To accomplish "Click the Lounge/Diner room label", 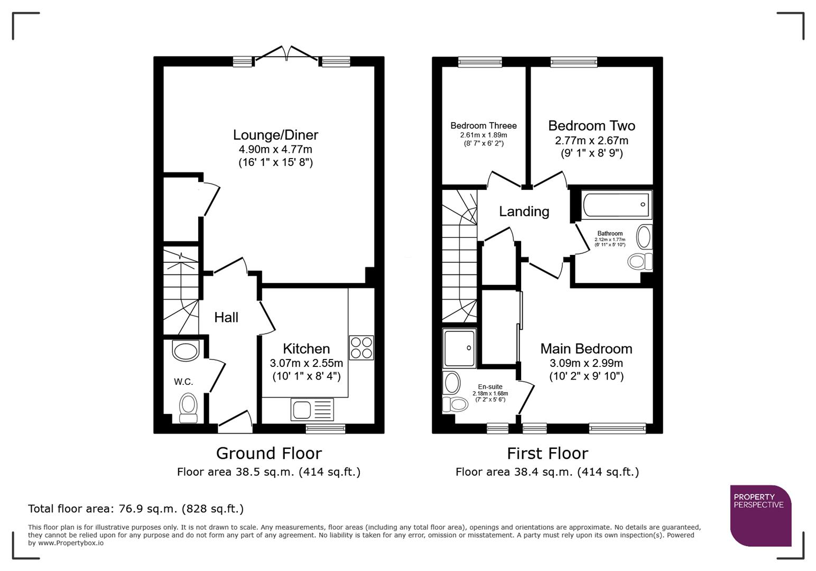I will tap(275, 135).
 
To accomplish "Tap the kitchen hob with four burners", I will tap(361, 348).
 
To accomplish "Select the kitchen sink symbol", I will tap(312, 410).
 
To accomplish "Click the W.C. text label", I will tap(183, 381).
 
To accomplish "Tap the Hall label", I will tap(226, 317).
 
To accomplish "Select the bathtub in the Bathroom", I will tap(616, 205).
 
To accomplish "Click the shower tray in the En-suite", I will tap(460, 348).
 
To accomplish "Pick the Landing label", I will tap(524, 211).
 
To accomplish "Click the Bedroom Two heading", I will tap(591, 126).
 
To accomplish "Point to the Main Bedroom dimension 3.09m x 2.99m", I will tap(586, 363).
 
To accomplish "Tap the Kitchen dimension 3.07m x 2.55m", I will tap(306, 363).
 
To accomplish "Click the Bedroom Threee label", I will tap(483, 126).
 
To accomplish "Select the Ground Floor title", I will tap(268, 453).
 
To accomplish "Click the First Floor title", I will tap(547, 453).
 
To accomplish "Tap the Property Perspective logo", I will tap(760, 515).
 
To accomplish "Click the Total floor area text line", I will tap(136, 509).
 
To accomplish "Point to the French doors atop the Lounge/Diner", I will tap(286, 54).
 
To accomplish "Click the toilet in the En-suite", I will tap(456, 404).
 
